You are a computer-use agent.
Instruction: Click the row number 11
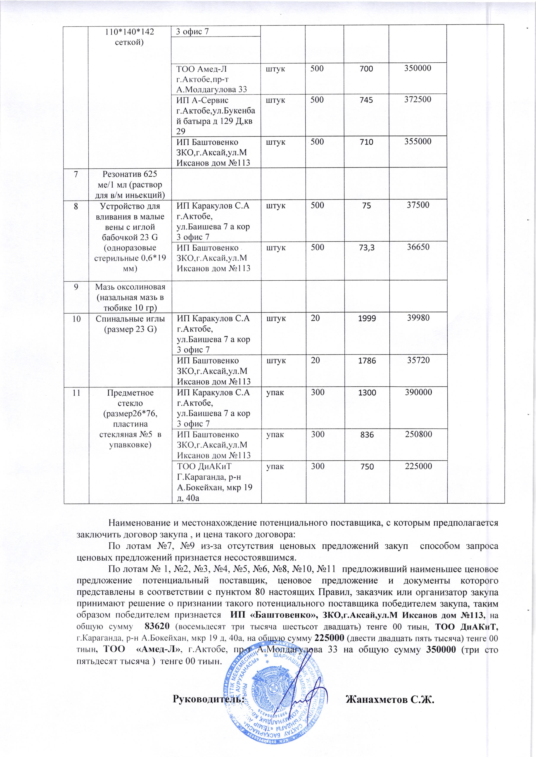(x=76, y=393)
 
